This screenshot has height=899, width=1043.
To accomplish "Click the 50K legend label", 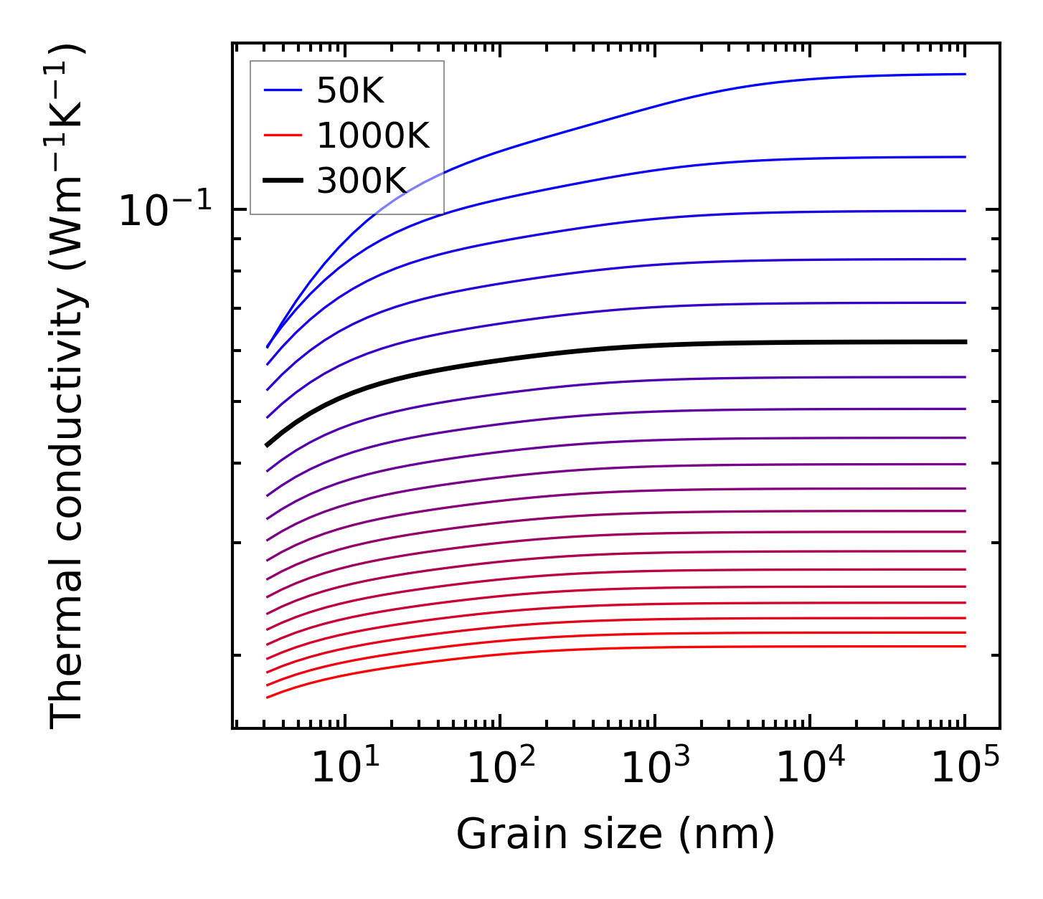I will tap(351, 90).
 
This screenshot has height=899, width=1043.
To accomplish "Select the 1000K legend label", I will tap(373, 135).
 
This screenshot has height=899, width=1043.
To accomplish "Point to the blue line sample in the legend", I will tap(283, 90).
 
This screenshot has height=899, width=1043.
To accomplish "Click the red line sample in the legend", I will tap(283, 135).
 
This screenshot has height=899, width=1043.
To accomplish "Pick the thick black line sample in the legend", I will tap(283, 181).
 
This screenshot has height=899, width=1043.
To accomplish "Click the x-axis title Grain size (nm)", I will tap(615, 834).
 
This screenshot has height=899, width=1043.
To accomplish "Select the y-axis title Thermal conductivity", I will tap(67, 386).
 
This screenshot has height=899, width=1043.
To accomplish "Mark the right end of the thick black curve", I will tap(966, 342).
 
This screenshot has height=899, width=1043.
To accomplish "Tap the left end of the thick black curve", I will tap(267, 445).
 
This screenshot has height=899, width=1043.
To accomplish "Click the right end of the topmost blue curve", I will tap(966, 74).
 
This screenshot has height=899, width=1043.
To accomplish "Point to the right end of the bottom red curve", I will tap(966, 647).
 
